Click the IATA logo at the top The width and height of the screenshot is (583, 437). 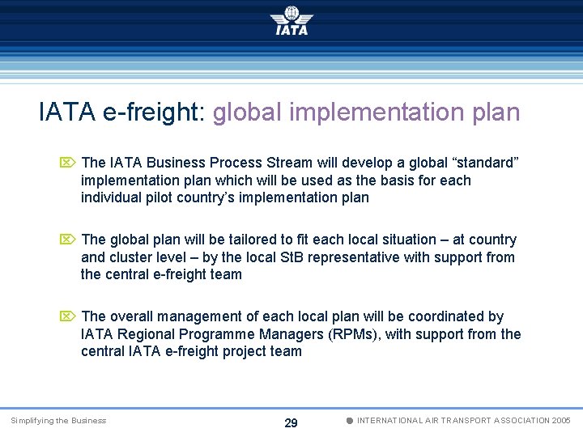click(x=291, y=21)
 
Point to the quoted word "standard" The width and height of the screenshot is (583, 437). click(x=484, y=163)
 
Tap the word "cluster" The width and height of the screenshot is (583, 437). click(x=132, y=257)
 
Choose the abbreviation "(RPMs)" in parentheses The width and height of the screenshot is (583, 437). click(x=352, y=334)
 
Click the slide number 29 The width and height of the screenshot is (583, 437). click(x=291, y=422)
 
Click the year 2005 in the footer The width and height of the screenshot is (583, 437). click(x=560, y=421)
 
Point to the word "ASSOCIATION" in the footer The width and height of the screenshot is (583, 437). click(x=511, y=421)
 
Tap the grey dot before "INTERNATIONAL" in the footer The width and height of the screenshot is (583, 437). click(x=349, y=421)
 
